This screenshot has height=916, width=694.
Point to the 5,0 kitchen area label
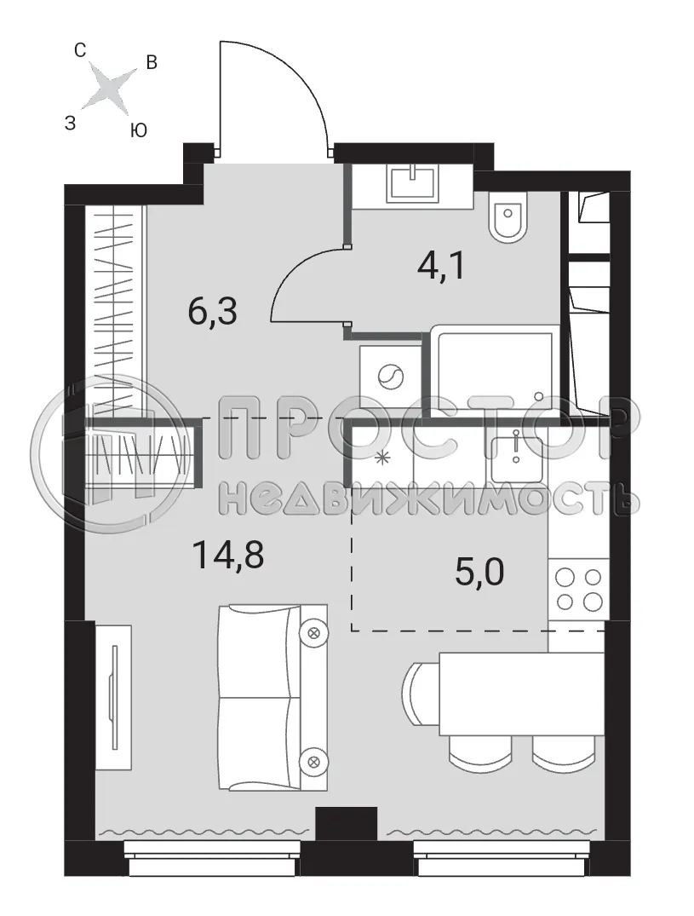point(479,571)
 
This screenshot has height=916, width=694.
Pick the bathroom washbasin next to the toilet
point(412,183)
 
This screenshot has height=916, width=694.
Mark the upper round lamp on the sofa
point(314,632)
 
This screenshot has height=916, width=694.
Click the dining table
point(521,694)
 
